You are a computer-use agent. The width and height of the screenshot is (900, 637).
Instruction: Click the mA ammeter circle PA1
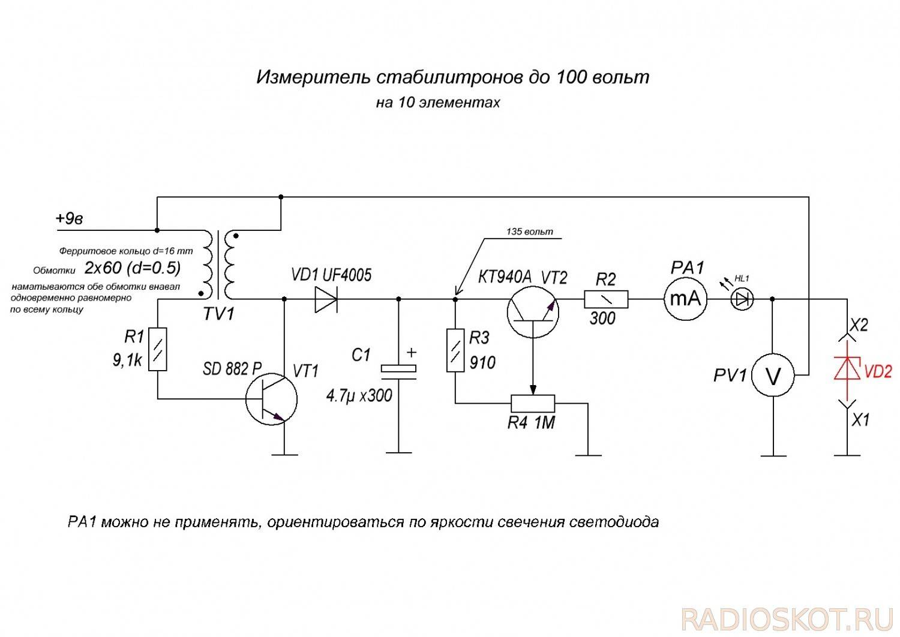685,298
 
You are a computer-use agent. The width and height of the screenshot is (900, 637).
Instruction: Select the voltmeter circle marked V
774,375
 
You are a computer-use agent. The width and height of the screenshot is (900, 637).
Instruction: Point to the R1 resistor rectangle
157,350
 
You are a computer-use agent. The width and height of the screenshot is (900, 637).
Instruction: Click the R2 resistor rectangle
606,298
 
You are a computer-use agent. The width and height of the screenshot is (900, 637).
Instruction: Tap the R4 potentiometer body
533,402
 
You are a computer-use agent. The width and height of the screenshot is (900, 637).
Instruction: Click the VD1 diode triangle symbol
326,298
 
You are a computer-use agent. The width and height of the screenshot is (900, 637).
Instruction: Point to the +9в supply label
69,219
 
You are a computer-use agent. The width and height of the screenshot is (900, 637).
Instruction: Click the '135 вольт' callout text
530,232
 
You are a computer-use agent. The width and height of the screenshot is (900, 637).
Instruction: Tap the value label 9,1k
127,360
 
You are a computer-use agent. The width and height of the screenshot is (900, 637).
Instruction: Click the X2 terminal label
860,324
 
